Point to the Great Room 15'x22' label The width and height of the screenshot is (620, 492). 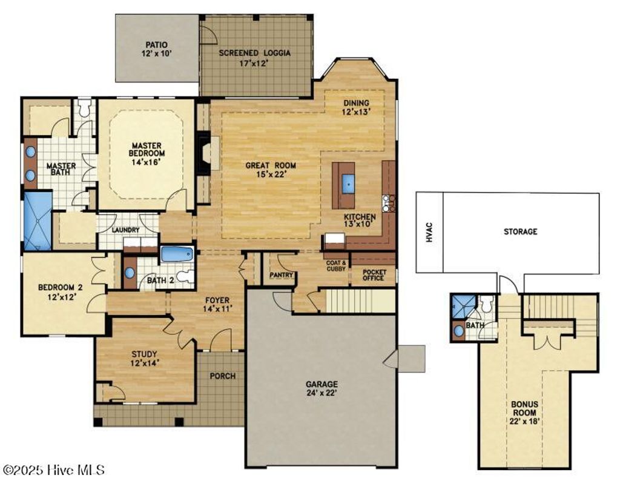[x=265, y=170]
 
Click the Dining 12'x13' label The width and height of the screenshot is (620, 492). [x=355, y=107]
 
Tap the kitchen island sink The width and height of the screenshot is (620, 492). [x=348, y=182]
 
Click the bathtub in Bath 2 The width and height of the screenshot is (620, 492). [x=177, y=254]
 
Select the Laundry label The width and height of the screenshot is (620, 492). [x=125, y=230]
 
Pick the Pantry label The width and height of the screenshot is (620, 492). [x=282, y=275]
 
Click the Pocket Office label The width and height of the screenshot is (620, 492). [x=374, y=276]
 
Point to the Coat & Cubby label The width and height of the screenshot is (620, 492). [x=336, y=266]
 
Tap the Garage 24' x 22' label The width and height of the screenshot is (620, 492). [x=322, y=388]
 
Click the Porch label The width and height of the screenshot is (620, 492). [x=222, y=376]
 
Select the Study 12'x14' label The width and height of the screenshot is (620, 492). [x=144, y=359]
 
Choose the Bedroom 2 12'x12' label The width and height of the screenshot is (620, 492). [x=59, y=292]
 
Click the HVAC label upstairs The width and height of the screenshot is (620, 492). [x=429, y=233]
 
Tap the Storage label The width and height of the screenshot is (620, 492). [x=520, y=231]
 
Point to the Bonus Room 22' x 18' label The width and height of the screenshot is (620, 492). [x=523, y=413]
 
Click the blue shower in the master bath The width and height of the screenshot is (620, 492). [x=37, y=221]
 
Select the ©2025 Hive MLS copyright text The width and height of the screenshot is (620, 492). [x=54, y=470]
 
